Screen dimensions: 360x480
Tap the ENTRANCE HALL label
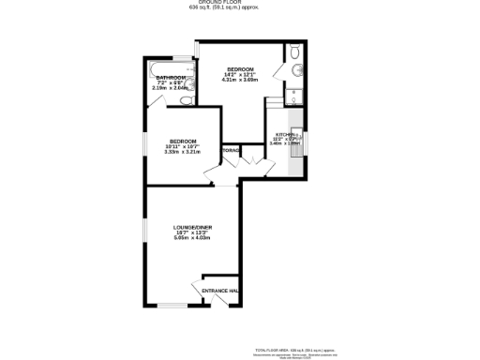[221, 291]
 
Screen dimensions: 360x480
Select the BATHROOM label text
[172, 77]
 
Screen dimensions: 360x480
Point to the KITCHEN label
[283, 135]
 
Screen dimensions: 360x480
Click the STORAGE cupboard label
[231, 150]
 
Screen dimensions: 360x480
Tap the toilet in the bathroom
[186, 98]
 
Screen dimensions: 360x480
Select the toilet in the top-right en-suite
[293, 52]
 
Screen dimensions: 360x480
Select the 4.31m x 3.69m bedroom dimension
[239, 81]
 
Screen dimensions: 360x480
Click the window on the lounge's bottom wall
[172, 305]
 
